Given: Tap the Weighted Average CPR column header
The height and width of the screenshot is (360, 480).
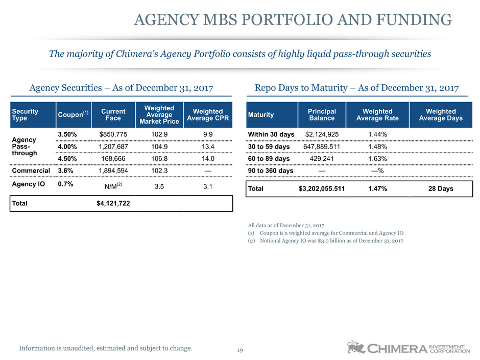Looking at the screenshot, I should pos(207,114).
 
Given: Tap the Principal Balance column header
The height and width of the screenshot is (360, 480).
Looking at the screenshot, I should pos(322,114).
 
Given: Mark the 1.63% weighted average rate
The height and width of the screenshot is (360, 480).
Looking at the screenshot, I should pos(377,159).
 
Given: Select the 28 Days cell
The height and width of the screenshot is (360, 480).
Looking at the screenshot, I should pos(441,188).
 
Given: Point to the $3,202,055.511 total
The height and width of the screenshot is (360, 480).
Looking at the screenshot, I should pos(322,188).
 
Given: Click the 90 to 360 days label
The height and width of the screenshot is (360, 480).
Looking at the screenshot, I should pos(271,170).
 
